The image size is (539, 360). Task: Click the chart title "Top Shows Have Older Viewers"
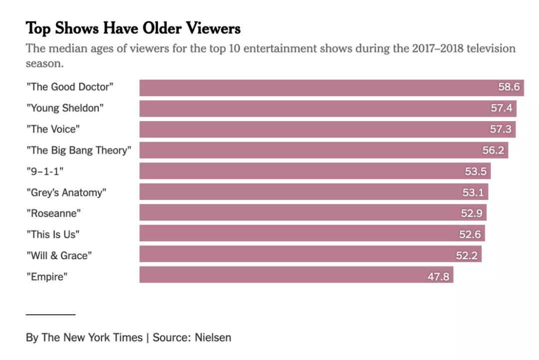click(x=133, y=28)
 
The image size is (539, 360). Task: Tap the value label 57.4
click(x=502, y=108)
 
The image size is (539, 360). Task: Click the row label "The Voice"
click(x=53, y=129)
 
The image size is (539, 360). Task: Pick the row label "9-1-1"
click(x=45, y=171)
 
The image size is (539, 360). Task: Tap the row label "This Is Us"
click(x=53, y=234)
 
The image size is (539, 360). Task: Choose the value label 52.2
click(x=467, y=255)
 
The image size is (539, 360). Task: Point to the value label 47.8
click(x=439, y=276)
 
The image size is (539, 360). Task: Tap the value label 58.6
click(x=509, y=87)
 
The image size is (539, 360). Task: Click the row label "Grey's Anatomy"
click(x=66, y=192)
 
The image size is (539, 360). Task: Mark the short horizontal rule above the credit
click(x=50, y=315)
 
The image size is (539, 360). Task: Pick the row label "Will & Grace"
click(x=59, y=255)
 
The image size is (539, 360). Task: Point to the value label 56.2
click(x=493, y=150)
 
